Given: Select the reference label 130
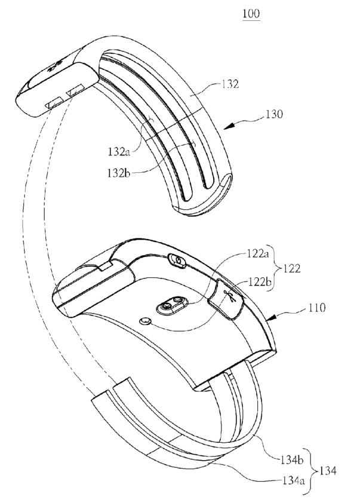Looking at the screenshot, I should pos(276,113).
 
